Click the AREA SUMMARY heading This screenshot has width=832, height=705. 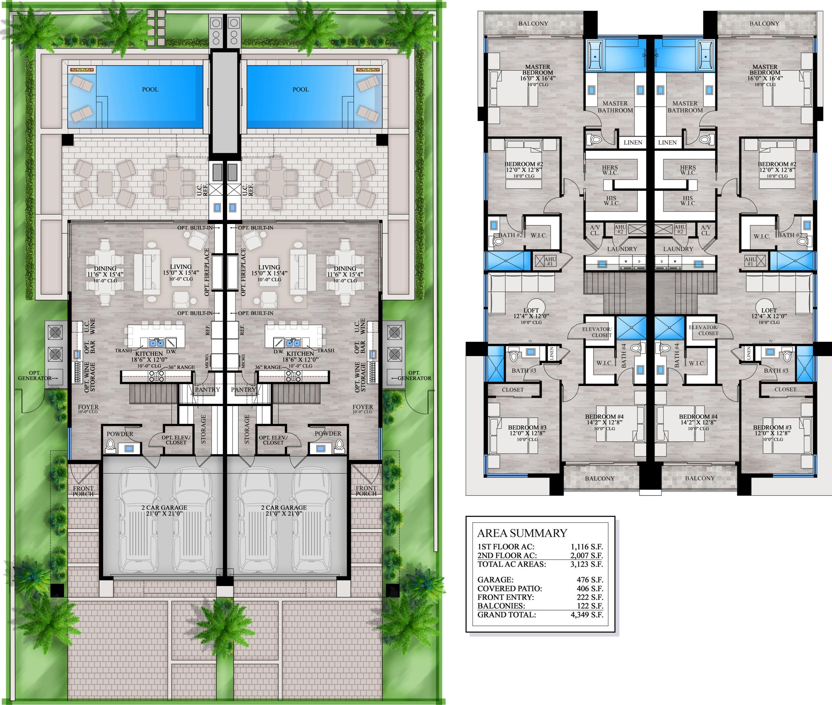coord(522,533)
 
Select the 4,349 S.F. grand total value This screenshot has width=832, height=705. coord(586,614)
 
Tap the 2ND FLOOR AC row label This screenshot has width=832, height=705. coord(507,555)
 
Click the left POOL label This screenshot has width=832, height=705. coord(150,89)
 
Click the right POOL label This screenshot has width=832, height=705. coord(301,89)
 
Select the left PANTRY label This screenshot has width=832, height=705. coord(207,389)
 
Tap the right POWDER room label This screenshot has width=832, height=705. coord(328,433)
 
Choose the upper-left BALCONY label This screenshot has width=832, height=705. coord(533,23)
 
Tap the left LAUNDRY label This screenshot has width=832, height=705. coord(622,249)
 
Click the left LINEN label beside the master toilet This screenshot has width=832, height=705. coord(633,142)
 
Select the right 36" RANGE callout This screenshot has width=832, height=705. coord(268,367)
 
